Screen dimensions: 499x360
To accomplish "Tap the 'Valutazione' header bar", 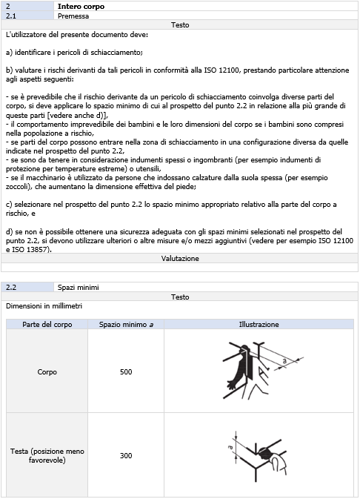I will [x=180, y=258].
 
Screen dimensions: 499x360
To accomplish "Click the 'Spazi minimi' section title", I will [x=78, y=287].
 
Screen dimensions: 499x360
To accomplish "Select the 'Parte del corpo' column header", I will [x=47, y=324].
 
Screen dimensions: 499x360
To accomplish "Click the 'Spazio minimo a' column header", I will [x=126, y=324].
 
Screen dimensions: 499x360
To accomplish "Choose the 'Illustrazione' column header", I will [x=259, y=324].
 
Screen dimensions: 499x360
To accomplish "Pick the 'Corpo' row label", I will [x=47, y=371].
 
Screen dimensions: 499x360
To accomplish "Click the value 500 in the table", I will [x=126, y=371].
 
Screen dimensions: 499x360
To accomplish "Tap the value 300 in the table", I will [x=126, y=455].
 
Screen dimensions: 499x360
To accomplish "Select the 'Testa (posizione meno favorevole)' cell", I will [x=47, y=455].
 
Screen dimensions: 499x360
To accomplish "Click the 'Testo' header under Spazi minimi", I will [x=180, y=296].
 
